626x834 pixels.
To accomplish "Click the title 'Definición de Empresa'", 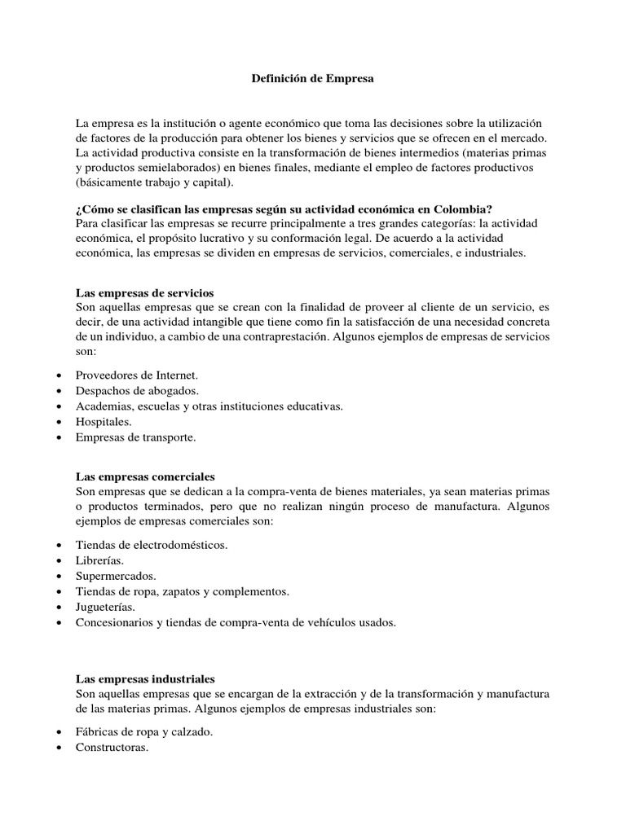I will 313,80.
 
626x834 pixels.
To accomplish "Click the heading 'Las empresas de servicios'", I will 144,292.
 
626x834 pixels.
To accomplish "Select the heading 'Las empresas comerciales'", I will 145,476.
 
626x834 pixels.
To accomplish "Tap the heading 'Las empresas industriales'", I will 145,678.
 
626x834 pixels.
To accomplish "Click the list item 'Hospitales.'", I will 104,421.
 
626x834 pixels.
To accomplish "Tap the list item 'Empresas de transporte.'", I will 135,437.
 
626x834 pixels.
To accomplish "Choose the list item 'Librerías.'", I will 100,561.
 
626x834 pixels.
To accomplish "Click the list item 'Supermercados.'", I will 116,577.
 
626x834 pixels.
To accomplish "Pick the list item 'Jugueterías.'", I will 105,608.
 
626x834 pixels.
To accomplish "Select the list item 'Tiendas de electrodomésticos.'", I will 152,546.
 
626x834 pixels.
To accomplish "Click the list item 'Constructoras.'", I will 112,748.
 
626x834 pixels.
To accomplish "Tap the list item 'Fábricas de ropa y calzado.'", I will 144,732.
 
